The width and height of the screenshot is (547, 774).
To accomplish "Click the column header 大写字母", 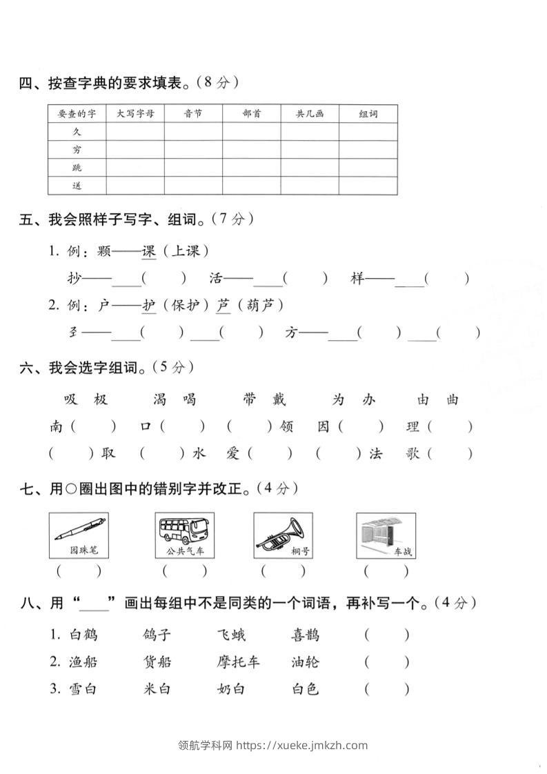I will click(135, 113).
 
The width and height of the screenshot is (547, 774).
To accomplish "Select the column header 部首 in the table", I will click(252, 113).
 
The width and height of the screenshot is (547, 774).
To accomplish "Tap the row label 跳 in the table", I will click(77, 168).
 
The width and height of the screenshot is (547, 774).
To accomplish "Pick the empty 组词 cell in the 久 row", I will click(368, 131).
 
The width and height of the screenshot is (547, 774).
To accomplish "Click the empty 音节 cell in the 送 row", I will click(193, 186).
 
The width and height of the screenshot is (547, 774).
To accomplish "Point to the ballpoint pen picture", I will click(79, 530).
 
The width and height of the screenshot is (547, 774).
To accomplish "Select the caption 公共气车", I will click(185, 551).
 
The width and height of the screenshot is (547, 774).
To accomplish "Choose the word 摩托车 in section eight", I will click(238, 662).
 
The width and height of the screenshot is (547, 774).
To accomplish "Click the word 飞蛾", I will click(231, 635).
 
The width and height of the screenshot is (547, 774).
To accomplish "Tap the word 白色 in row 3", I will click(305, 688).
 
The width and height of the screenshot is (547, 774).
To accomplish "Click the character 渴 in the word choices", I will click(162, 399).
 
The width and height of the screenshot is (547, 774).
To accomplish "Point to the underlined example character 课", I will click(148, 251).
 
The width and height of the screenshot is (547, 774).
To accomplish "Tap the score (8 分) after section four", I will click(217, 83).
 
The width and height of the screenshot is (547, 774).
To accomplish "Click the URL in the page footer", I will click(301, 745).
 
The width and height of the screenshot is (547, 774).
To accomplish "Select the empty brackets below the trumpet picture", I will click(282, 570).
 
